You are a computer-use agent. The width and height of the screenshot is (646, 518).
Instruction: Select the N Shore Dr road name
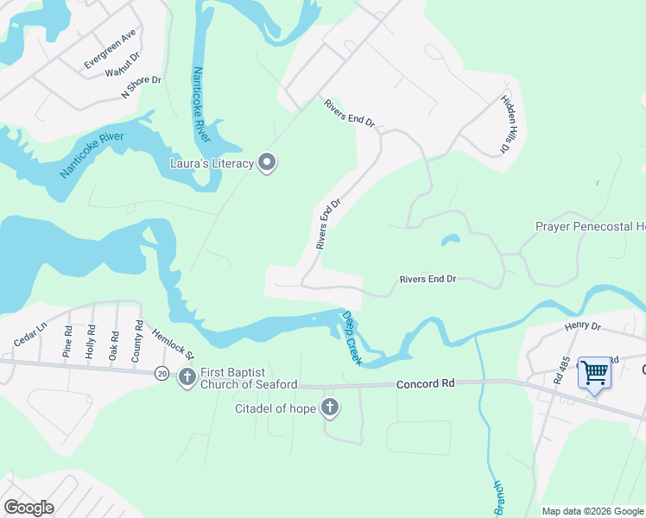coord(142,86)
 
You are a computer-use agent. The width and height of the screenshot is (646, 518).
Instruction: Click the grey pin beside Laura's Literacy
coord(267,163)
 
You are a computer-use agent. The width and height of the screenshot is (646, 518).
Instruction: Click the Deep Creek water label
coord(351,338)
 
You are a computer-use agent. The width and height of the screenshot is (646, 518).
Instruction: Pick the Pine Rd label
coord(68,340)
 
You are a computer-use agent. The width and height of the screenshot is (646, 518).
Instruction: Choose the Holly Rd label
coord(91,340)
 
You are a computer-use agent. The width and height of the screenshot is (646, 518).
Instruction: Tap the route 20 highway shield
coord(162,373)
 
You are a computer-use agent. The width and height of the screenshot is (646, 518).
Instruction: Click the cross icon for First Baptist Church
coord(187,376)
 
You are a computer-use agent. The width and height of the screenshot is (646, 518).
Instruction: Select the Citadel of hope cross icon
coord(329,407)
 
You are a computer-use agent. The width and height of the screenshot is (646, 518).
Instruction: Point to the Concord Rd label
coord(424,384)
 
